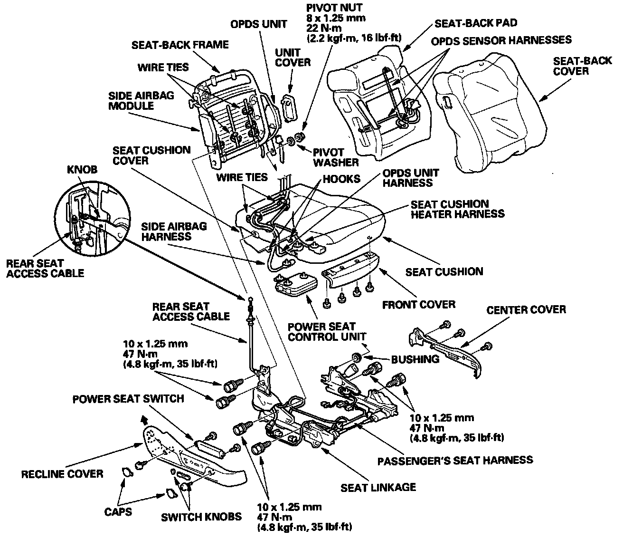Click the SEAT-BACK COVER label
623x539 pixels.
tap(577, 66)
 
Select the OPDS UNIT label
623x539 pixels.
tap(258, 24)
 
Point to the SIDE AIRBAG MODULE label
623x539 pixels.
tap(134, 100)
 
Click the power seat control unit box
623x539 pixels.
tap(295, 285)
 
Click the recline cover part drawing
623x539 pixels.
tap(190, 456)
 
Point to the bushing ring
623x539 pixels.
tap(357, 358)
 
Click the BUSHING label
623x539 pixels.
tap(415, 359)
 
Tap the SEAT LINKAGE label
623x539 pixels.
tap(378, 487)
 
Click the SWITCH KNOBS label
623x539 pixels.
tap(201, 517)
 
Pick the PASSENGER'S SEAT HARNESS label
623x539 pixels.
tap(455, 460)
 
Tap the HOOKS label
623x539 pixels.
tap(341, 179)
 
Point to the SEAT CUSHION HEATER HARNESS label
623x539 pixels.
tap(457, 209)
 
